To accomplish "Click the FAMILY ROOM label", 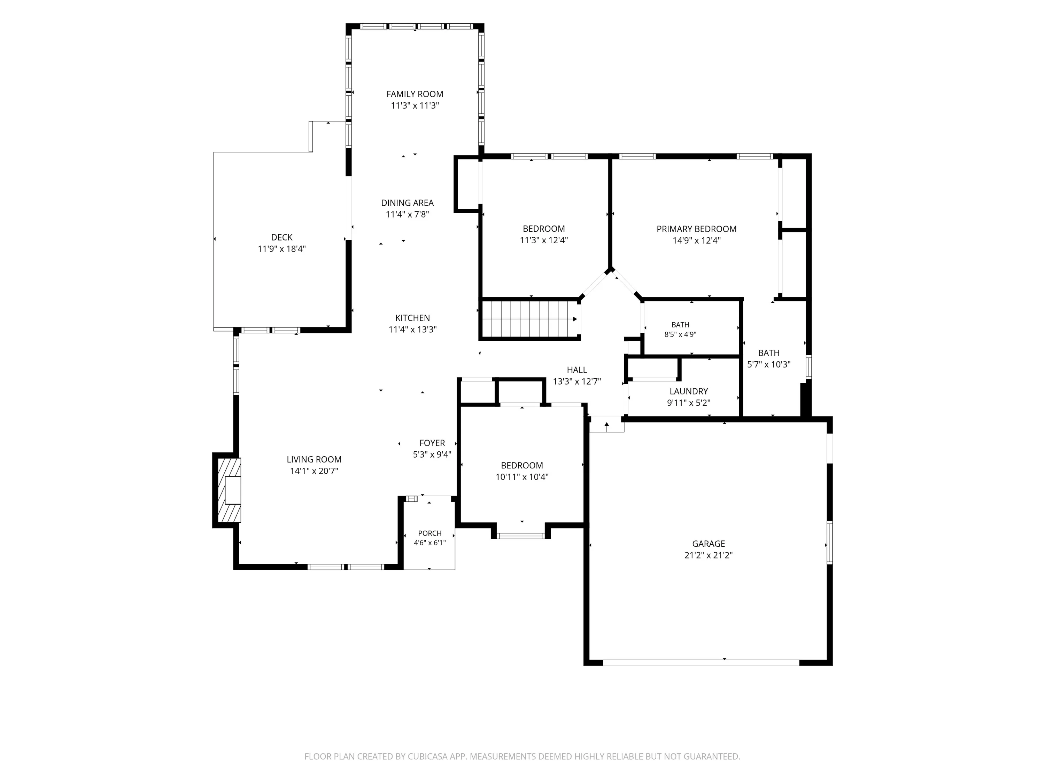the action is pyautogui.click(x=415, y=94).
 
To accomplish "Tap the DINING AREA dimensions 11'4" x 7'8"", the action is pyautogui.click(x=407, y=214).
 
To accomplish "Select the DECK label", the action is pyautogui.click(x=281, y=237).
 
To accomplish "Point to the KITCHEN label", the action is pyautogui.click(x=412, y=318).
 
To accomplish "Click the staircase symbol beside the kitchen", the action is pyautogui.click(x=529, y=319).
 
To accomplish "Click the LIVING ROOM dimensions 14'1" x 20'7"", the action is pyautogui.click(x=314, y=471).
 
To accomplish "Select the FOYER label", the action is pyautogui.click(x=432, y=443).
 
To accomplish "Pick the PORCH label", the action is pyautogui.click(x=430, y=533).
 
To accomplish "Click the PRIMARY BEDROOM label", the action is pyautogui.click(x=696, y=229).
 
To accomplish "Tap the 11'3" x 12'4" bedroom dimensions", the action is pyautogui.click(x=544, y=240).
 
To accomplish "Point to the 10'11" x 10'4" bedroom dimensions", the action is pyautogui.click(x=522, y=477).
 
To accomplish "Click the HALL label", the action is pyautogui.click(x=577, y=370).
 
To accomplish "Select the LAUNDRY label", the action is pyautogui.click(x=689, y=391).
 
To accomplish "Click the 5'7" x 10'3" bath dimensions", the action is pyautogui.click(x=769, y=364).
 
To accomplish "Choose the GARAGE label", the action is pyautogui.click(x=709, y=544).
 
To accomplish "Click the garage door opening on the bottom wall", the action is pyautogui.click(x=701, y=662).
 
